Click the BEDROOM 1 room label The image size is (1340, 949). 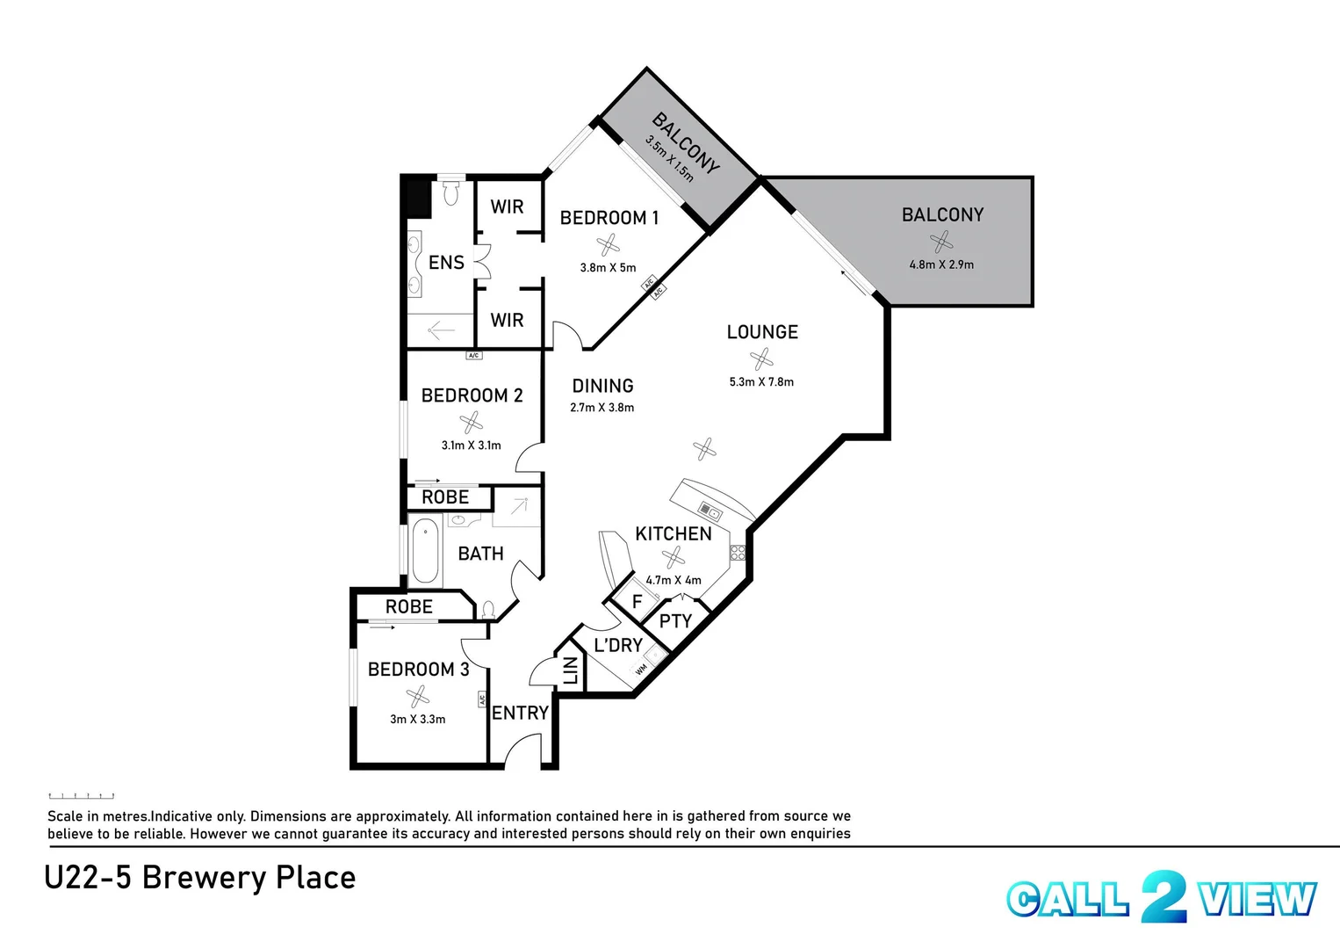[609, 218]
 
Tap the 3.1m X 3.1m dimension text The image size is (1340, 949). [471, 446]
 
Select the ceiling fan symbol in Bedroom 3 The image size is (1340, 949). [418, 697]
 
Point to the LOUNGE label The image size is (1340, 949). [762, 332]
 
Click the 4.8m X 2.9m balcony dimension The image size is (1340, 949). [941, 264]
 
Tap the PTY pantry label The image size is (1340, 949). [675, 621]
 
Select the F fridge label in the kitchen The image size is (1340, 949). [638, 602]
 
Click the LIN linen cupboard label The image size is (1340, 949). [571, 670]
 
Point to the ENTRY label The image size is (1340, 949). [520, 713]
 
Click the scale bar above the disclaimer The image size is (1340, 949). [81, 796]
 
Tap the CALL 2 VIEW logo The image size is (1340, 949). [1161, 898]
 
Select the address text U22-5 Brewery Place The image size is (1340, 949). [199, 878]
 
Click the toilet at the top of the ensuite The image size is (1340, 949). [451, 192]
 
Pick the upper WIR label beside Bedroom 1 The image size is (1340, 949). [507, 206]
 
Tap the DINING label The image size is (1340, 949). [602, 386]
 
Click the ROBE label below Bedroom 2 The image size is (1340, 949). [445, 497]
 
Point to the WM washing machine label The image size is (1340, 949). [641, 670]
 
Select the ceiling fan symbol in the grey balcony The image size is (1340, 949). [941, 240]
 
